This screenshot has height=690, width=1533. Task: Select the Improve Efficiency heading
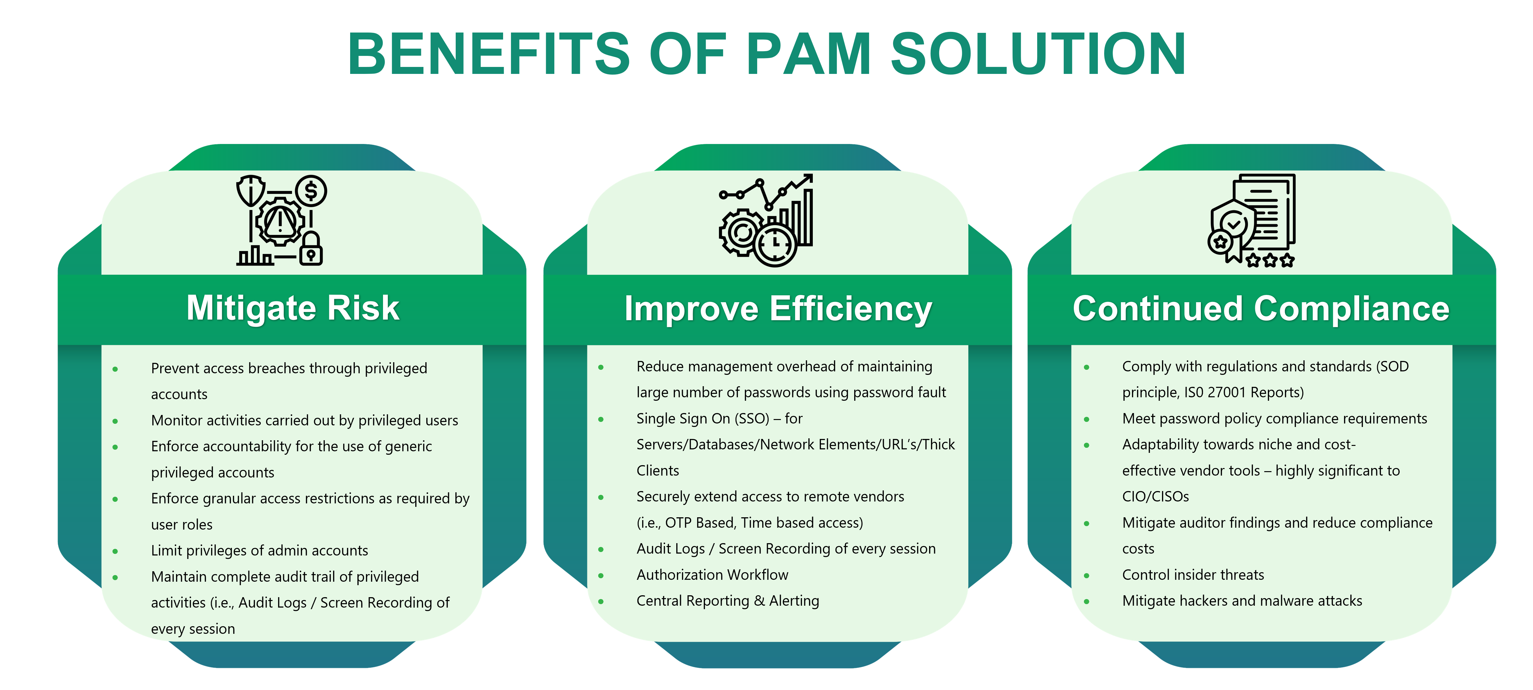[778, 309]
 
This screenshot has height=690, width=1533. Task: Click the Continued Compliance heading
[1261, 309]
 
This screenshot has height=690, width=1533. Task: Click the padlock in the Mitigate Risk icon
[311, 249]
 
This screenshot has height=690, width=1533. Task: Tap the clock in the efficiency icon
[776, 244]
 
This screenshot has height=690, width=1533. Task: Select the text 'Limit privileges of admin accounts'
[259, 551]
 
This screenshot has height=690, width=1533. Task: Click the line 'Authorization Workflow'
[712, 575]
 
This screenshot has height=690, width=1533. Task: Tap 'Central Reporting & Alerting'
[728, 601]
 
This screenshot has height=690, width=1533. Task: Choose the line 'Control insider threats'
[1193, 575]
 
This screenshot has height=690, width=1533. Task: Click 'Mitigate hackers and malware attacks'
[1242, 601]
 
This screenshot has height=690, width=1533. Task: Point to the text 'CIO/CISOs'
[1156, 497]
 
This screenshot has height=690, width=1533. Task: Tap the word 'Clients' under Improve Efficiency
[658, 471]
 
